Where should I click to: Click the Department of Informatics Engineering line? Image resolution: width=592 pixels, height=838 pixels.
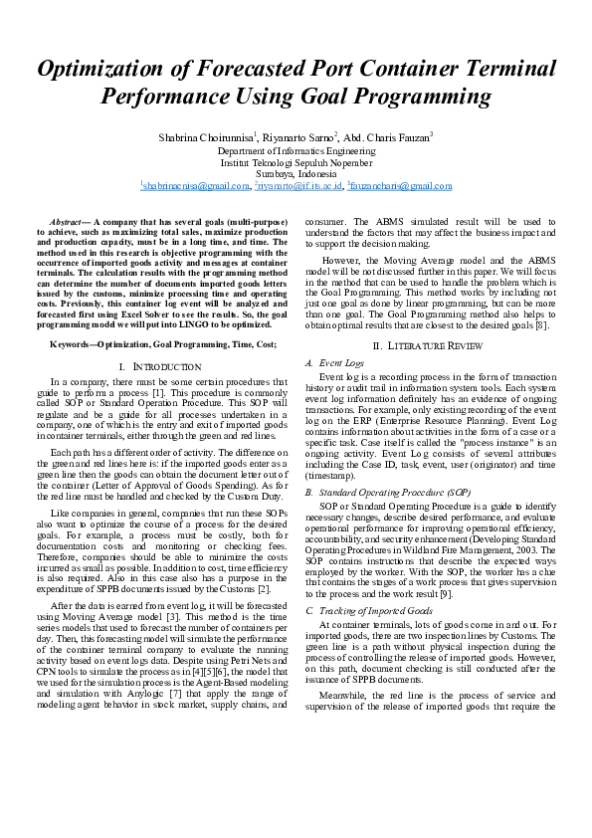click(296, 149)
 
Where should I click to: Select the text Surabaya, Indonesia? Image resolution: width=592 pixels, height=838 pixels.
click(296, 173)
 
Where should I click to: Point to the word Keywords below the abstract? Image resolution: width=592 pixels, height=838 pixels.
click(72, 343)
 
